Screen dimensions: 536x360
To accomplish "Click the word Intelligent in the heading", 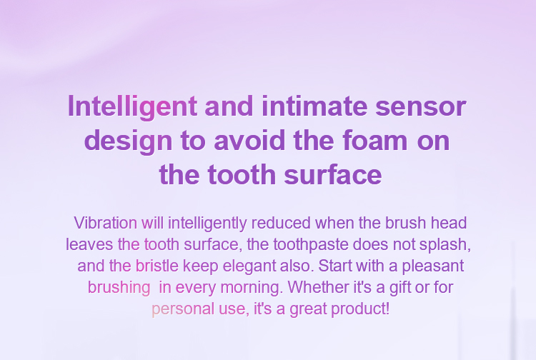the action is point(132,107).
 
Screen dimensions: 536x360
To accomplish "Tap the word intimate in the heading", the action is point(314,106).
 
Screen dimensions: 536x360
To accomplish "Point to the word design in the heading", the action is point(128,141).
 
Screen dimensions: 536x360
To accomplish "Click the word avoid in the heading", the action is point(249,141).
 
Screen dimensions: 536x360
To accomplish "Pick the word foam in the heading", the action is point(375,141).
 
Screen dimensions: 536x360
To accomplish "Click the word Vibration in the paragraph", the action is point(106,223).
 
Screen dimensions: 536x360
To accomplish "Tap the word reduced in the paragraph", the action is point(281,223).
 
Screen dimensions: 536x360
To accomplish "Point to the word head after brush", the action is point(449,223).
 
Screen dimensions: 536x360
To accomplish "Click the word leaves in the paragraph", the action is point(89,244).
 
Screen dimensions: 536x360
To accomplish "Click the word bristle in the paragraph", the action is point(157,266).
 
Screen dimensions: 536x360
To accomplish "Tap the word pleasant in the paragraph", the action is point(433,267).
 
